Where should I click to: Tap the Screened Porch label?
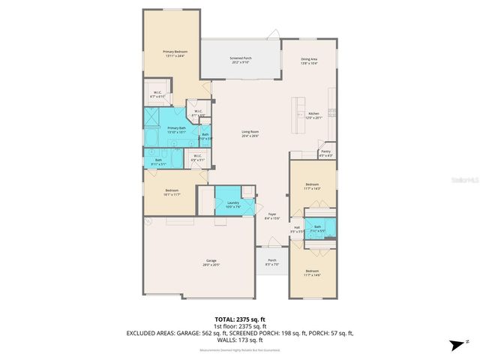click(x=241, y=60)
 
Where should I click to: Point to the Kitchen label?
click(x=313, y=115)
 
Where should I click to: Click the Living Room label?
click(x=250, y=133)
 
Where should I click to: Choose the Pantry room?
click(x=325, y=153)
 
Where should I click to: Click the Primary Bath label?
click(x=177, y=130)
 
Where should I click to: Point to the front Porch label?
click(x=272, y=262)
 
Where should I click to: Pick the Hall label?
click(x=297, y=229)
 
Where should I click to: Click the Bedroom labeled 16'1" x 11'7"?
click(x=172, y=193)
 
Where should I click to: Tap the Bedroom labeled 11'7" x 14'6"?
click(x=312, y=273)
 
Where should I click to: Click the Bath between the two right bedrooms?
click(x=318, y=229)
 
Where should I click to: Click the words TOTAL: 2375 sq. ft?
click(x=241, y=319)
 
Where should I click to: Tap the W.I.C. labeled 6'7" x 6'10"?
click(x=157, y=95)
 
